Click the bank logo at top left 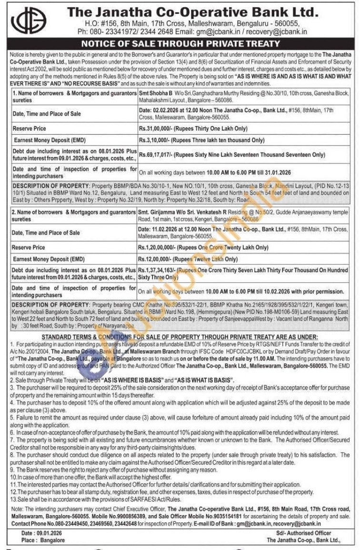(x=29, y=21)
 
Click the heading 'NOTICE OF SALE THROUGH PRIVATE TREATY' (x=180, y=44)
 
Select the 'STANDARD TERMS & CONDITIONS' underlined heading (x=180, y=337)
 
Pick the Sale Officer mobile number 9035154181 (x=227, y=516)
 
